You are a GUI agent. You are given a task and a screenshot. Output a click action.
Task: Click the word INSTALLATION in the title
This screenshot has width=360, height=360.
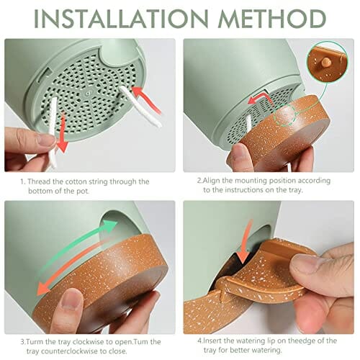click(x=120, y=19)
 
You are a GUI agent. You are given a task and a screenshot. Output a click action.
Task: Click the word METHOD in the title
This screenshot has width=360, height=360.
click(x=272, y=19)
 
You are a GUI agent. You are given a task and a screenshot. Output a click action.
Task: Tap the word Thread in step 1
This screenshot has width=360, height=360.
click(x=38, y=181)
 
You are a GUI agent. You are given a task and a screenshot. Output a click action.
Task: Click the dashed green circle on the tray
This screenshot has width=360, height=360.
click(x=285, y=115)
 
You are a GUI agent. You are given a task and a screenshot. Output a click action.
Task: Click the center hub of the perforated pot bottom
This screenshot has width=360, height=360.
click(x=89, y=93)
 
